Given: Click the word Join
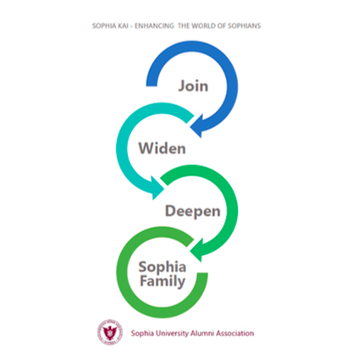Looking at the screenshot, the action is tap(193, 86).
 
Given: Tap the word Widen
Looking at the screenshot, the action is tap(163, 148).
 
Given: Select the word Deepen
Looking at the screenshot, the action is tap(193, 212).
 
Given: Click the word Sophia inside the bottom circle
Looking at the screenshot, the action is tap(163, 268).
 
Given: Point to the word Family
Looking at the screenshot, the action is tap(163, 281).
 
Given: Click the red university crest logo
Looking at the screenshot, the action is tap(110, 332).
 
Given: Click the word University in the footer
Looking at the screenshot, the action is tap(172, 334).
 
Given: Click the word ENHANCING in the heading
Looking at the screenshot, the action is tap(154, 26).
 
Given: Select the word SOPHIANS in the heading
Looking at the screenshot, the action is tap(244, 26).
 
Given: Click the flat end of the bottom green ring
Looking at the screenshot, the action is tap(202, 274).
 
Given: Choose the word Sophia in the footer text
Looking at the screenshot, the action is tap(142, 334).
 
